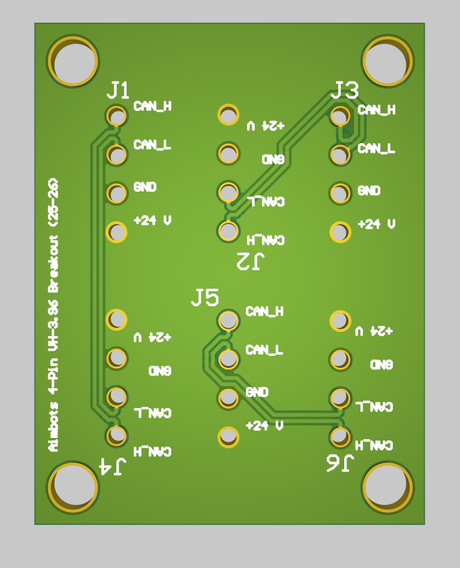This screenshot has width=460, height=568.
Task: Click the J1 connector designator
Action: [118, 90]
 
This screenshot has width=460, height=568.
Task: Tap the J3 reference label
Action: [345, 90]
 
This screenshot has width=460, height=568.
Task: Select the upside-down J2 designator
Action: [251, 262]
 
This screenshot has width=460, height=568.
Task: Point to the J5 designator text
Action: [205, 297]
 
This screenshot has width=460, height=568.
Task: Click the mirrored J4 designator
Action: [113, 467]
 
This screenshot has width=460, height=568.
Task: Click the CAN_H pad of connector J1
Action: [116, 115]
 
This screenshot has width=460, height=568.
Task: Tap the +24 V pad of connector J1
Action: [116, 232]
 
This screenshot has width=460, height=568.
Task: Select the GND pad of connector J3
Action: [339, 193]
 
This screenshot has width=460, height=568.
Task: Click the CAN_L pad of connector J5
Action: [228, 359]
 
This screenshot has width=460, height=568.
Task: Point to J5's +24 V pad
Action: [228, 437]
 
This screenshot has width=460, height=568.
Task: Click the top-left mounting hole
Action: [73, 61]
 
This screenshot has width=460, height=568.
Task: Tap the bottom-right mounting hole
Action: [387, 487]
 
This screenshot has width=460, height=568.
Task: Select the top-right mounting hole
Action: [387, 61]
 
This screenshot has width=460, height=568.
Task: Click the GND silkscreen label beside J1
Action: [145, 187]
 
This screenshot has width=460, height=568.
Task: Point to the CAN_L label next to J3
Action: [377, 148]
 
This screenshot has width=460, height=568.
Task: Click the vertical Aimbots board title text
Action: [54, 314]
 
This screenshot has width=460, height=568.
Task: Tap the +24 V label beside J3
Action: [377, 224]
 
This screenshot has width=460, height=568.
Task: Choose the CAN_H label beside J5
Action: [264, 312]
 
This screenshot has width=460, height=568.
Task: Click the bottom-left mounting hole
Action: [73, 487]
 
